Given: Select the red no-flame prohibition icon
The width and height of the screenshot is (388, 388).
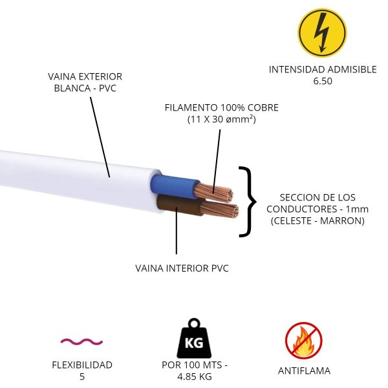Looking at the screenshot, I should pyautogui.click(x=304, y=341).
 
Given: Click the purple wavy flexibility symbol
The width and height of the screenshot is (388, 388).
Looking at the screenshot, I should pyautogui.click(x=81, y=341).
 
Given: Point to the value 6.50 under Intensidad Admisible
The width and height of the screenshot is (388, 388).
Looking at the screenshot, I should pyautogui.click(x=322, y=81).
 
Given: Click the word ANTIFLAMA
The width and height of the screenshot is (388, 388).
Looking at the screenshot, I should pyautogui.click(x=304, y=371).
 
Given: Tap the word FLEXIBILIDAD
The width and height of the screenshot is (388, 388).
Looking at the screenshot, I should pyautogui.click(x=82, y=365).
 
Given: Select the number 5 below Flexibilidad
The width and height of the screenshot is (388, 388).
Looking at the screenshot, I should pyautogui.click(x=82, y=376).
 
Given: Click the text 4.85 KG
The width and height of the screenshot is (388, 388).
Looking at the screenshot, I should pyautogui.click(x=195, y=376).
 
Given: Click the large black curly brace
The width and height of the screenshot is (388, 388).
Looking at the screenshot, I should pyautogui.click(x=246, y=201).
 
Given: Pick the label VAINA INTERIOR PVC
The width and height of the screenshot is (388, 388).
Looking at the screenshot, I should pyautogui.click(x=182, y=267).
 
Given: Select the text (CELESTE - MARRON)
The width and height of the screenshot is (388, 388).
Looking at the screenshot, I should pyautogui.click(x=317, y=221).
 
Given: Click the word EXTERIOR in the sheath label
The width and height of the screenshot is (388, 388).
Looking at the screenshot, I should pyautogui.click(x=98, y=76).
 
